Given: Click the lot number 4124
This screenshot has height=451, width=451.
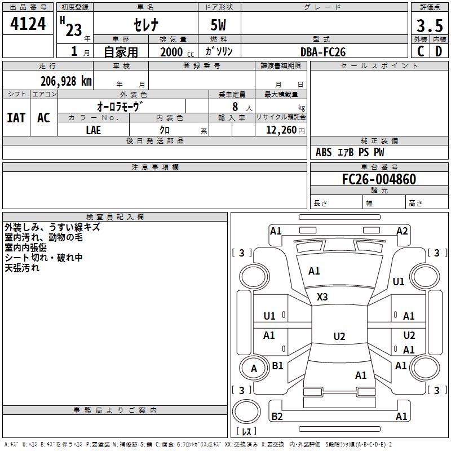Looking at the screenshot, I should pos(28,24).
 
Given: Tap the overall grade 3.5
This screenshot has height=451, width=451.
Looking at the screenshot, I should pos(429,25).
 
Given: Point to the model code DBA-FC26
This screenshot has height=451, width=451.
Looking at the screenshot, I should pos(322,52).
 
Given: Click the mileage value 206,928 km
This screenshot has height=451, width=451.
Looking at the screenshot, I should pos(66,81).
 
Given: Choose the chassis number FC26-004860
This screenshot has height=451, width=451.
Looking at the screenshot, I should pos(379,179).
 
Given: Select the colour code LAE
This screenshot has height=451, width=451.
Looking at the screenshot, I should pos(93,130).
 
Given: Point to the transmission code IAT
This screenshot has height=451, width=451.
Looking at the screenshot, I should pos(16,118).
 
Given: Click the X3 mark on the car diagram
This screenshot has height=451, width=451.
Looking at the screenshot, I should pos(322,297).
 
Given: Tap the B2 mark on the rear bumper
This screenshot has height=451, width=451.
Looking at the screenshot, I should pos(277,417).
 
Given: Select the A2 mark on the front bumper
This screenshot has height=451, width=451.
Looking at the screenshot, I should pos(402,231).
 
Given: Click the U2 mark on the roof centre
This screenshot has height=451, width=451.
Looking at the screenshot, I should pos(339,337).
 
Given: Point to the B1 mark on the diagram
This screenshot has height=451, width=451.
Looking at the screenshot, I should pos(277,366).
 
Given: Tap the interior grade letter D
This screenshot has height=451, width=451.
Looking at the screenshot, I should pos(438,51).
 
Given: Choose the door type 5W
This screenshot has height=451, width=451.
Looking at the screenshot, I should pos(219,26).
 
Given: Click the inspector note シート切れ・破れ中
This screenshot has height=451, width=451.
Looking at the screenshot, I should pos(44,258).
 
